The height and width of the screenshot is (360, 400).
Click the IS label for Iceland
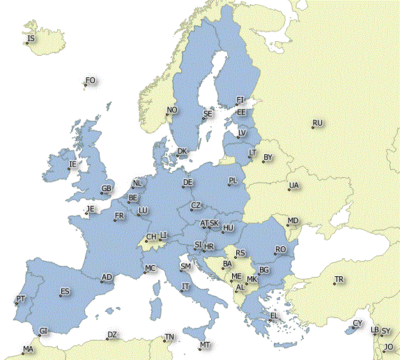pyautogui.click(x=31, y=38)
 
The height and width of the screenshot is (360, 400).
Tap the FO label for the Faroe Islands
pyautogui.click(x=90, y=81)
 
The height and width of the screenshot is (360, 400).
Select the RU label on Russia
pyautogui.click(x=317, y=123)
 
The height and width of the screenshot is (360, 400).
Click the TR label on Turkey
pyautogui.click(x=339, y=280)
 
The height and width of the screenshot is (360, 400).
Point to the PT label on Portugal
pyautogui.click(x=20, y=299)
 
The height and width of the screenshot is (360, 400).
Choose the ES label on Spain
pyautogui.click(x=65, y=292)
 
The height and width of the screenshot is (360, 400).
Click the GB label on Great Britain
pyautogui.click(x=107, y=189)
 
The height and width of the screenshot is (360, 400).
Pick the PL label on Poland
pyautogui.click(x=233, y=181)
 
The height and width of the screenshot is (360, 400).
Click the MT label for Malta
pyautogui.click(x=204, y=345)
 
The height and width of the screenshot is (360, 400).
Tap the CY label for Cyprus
pyautogui.click(x=357, y=324)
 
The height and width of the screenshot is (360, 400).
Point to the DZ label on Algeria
pyautogui.click(x=111, y=336)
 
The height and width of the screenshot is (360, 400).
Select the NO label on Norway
pyautogui.click(x=172, y=110)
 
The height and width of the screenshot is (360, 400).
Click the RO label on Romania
pyautogui.click(x=280, y=250)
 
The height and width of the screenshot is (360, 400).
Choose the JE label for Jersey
pyautogui.click(x=89, y=209)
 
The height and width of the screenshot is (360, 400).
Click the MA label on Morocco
pyautogui.click(x=28, y=349)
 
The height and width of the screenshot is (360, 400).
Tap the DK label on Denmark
pyautogui.click(x=182, y=151)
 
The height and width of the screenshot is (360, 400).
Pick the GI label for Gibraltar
pyautogui.click(x=44, y=331)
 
